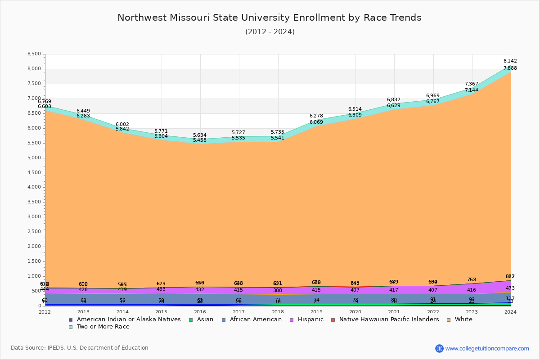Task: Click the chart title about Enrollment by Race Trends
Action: pyautogui.click(x=270, y=18)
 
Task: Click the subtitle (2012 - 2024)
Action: pyautogui.click(x=270, y=32)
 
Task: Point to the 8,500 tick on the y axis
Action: pyautogui.click(x=34, y=54)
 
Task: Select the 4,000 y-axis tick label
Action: pyautogui.click(x=34, y=187)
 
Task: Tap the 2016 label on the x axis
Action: pyautogui.click(x=200, y=312)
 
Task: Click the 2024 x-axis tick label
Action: pyautogui.click(x=510, y=312)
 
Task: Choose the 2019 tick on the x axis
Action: pyautogui.click(x=316, y=312)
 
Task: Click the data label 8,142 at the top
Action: pyautogui.click(x=510, y=61)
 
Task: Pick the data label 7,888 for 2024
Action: pyautogui.click(x=510, y=68)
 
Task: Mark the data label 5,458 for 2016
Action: pyautogui.click(x=200, y=140)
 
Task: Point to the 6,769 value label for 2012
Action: pyautogui.click(x=45, y=102)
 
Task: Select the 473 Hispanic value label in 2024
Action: pyautogui.click(x=510, y=288)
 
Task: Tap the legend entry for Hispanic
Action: pyautogui.click(x=307, y=319)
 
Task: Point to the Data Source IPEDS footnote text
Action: pyautogui.click(x=80, y=348)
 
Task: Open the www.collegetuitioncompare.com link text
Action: pyautogui.click(x=487, y=348)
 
